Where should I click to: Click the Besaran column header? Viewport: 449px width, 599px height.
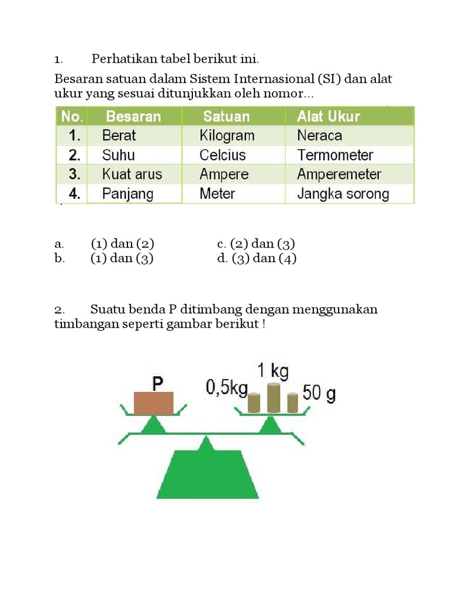click(x=133, y=116)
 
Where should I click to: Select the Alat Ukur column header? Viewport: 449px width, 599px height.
click(x=328, y=116)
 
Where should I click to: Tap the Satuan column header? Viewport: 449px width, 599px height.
click(x=226, y=116)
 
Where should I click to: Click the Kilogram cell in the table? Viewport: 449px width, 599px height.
click(x=227, y=136)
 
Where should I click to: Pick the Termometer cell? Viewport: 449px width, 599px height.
click(x=334, y=155)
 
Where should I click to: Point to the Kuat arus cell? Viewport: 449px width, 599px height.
click(x=132, y=174)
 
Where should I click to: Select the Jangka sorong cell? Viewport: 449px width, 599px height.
click(x=343, y=194)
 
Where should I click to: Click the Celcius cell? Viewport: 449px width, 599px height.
click(x=222, y=155)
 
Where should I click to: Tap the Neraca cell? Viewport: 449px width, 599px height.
click(x=319, y=136)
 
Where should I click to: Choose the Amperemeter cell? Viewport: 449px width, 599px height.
click(x=339, y=174)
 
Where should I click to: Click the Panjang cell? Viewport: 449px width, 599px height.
click(x=127, y=194)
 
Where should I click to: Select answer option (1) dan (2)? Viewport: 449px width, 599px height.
click(x=122, y=244)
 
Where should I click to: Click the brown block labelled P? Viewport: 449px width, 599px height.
click(x=154, y=402)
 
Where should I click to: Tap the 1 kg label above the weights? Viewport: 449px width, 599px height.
click(x=272, y=370)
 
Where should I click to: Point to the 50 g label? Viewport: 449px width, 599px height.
click(x=319, y=394)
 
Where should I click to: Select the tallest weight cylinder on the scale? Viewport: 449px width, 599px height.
click(x=274, y=398)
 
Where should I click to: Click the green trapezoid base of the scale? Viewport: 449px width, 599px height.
click(x=207, y=474)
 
